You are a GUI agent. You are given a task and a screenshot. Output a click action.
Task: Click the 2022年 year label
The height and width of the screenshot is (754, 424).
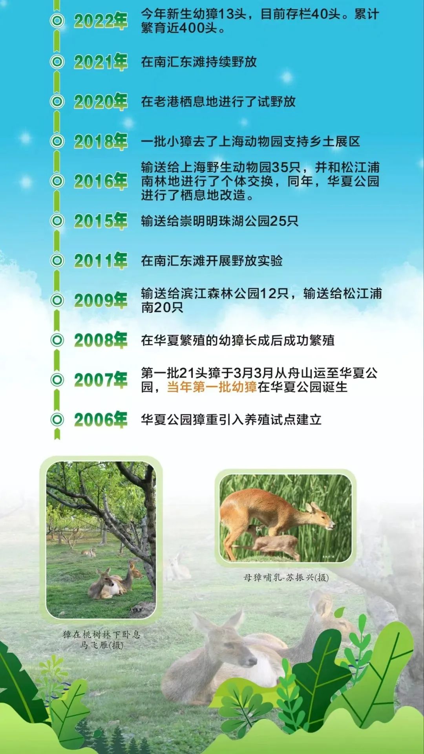coord(101,21)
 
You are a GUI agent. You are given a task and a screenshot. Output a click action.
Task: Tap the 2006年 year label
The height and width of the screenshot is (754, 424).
coord(101,419)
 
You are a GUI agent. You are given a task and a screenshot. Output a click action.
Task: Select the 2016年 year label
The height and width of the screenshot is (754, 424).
coord(101,181)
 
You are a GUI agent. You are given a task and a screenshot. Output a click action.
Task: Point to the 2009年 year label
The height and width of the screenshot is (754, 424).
coord(101,300)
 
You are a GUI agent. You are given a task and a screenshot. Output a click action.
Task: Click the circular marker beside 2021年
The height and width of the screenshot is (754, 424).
coord(57,62)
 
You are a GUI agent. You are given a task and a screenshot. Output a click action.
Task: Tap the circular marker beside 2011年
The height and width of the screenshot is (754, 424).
coord(57,260)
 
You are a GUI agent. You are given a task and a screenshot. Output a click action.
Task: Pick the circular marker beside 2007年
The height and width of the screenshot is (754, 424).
coord(57,380)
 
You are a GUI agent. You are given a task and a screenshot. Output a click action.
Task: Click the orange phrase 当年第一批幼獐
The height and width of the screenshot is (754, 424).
coord(212,387)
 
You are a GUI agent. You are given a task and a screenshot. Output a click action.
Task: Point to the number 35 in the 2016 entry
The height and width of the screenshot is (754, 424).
coord(280,168)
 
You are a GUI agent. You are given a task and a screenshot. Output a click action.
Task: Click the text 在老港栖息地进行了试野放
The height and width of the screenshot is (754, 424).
coord(218,102)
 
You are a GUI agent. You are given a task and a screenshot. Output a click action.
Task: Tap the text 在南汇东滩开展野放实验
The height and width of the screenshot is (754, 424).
coord(212,261)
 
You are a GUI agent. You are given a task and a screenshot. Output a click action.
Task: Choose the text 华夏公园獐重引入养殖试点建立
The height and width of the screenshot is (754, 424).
coord(231,420)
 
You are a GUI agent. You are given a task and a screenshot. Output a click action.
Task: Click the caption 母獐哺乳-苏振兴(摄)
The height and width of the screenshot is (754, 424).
coord(286,577)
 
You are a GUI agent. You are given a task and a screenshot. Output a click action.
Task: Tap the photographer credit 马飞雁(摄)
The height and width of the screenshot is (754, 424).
coord(102,645)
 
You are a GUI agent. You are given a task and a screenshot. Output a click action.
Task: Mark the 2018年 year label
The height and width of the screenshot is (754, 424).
coord(101,141)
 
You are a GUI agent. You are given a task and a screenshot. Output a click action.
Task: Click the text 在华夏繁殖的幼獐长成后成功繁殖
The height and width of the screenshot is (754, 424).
coord(238,340)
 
